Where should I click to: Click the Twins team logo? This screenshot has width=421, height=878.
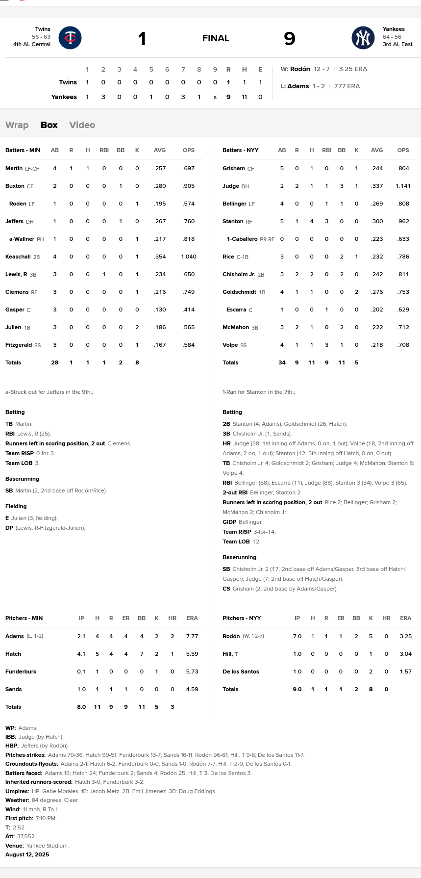pyautogui.click(x=70, y=38)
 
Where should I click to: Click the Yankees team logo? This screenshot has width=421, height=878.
pyautogui.click(x=363, y=38)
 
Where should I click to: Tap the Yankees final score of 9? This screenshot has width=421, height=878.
pyautogui.click(x=290, y=38)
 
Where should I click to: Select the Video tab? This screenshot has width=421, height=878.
pyautogui.click(x=82, y=125)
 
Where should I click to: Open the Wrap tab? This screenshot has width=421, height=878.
pyautogui.click(x=17, y=125)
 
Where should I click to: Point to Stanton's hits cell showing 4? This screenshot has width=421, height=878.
pyautogui.click(x=312, y=221)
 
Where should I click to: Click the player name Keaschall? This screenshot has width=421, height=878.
pyautogui.click(x=18, y=257)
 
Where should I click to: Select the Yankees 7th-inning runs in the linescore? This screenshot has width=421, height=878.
pyautogui.click(x=183, y=97)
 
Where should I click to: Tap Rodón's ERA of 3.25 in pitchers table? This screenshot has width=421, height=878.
pyautogui.click(x=405, y=636)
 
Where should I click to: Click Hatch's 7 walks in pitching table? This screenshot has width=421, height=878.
pyautogui.click(x=142, y=654)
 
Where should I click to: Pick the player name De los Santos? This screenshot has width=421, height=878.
pyautogui.click(x=241, y=671)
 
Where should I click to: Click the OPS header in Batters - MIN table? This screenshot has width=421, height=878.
pyautogui.click(x=189, y=150)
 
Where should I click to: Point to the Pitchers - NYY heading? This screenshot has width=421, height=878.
pyautogui.click(x=242, y=618)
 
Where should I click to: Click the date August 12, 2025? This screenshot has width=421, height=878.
pyautogui.click(x=27, y=854)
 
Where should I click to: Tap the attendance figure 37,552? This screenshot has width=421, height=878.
pyautogui.click(x=26, y=836)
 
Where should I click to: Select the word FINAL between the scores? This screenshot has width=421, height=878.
pyautogui.click(x=216, y=38)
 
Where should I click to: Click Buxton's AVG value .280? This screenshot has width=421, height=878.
pyautogui.click(x=160, y=186)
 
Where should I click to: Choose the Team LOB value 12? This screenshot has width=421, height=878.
pyautogui.click(x=256, y=542)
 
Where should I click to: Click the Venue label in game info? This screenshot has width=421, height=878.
pyautogui.click(x=14, y=846)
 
